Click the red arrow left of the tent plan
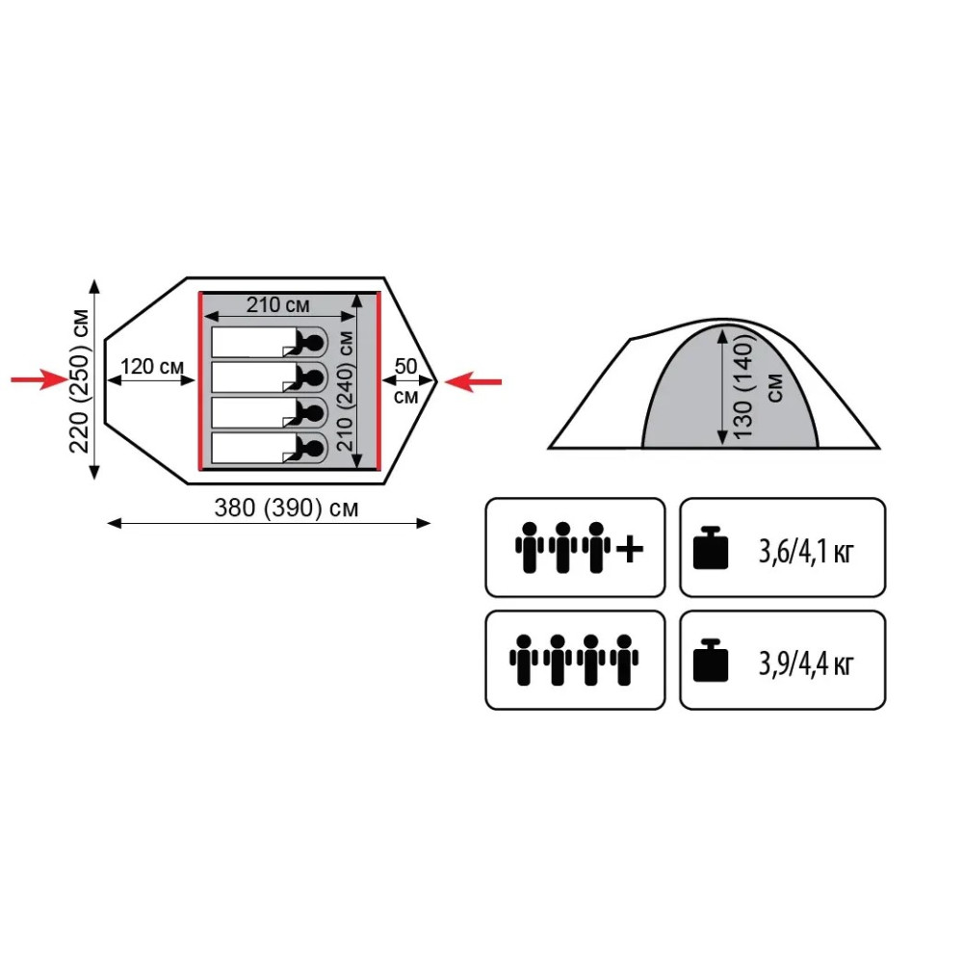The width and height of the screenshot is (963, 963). coord(39,379)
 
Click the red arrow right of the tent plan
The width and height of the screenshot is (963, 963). coord(473,381)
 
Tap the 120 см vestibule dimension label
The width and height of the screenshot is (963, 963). coord(152,366)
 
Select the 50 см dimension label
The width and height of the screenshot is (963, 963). coord(406,380)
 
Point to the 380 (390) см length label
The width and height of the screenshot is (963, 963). coord(286,508)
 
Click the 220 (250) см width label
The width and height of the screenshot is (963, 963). coord(80,380)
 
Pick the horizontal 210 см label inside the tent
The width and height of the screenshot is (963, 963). coord(277,304)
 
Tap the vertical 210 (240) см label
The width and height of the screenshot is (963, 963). coord(345,391)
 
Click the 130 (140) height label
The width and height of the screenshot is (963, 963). coord(743,389)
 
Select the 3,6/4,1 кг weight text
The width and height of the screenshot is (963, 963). coord(806,551)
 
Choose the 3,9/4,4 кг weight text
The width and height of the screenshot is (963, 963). coord(806,664)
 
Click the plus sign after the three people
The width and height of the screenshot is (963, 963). coord(630,549)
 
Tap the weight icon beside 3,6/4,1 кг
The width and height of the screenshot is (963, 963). coord(711,547)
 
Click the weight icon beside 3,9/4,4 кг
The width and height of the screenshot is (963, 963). coord(711,661)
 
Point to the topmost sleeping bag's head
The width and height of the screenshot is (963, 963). coord(313,342)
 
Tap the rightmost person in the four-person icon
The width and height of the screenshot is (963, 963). coord(624,661)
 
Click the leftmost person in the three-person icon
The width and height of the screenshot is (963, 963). coord(530,548)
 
